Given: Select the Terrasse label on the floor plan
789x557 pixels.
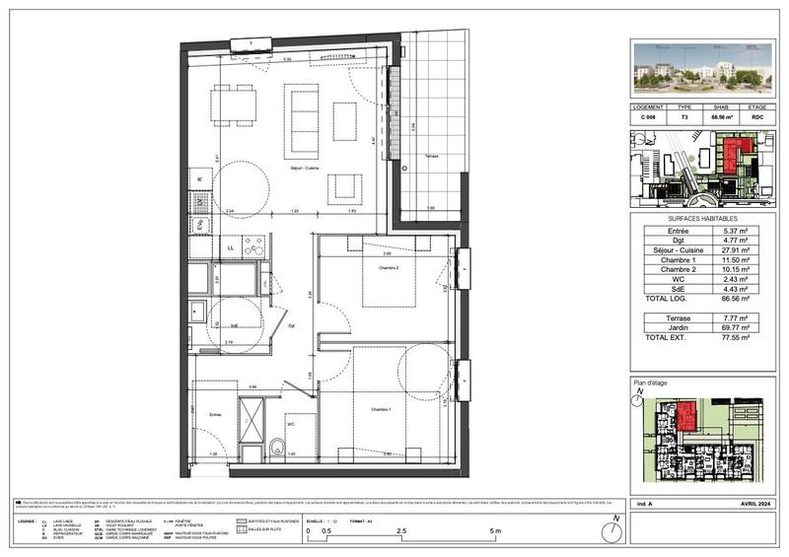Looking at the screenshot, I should click(425, 158).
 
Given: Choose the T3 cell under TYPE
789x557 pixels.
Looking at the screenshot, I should click(684, 116).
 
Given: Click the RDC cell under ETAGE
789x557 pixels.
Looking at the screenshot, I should click(757, 116).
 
